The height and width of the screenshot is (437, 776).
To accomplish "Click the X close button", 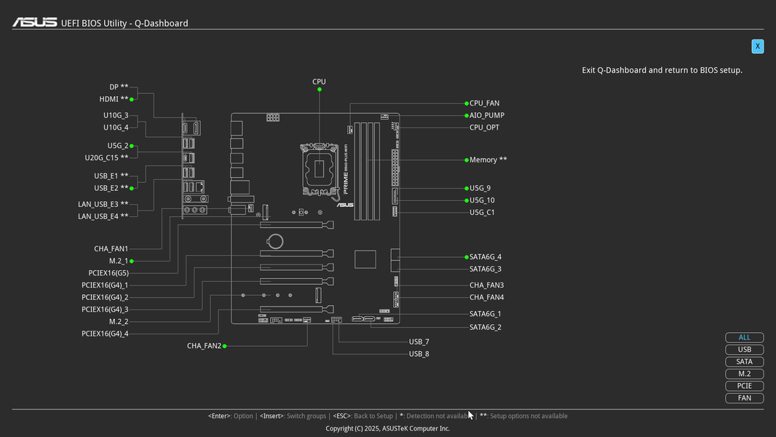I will pos(757,47).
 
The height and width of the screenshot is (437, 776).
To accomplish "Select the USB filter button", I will pos(744,350).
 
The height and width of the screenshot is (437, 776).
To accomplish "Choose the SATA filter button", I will pos(744,362).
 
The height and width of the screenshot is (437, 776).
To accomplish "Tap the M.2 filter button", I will pos(744,374).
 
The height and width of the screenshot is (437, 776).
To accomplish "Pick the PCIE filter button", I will pos(744,386).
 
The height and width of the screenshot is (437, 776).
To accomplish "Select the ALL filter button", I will pos(744,338).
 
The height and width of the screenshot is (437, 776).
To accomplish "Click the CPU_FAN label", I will pos(484,103).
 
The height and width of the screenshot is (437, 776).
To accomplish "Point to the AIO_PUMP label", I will pos(486,115).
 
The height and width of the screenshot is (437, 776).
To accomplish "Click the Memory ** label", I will pos(488,160).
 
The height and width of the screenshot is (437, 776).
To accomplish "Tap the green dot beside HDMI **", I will pos(132,99).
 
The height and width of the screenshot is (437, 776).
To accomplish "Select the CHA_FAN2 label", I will pos(204,346).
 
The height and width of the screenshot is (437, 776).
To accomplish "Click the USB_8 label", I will pos(419,354).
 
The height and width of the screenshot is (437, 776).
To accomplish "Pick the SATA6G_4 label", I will pos(485,257).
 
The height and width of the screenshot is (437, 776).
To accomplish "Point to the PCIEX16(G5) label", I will pos(108,273).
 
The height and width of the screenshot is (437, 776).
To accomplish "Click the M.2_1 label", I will pos(118,261).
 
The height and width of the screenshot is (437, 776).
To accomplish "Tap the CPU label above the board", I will pos(319,82).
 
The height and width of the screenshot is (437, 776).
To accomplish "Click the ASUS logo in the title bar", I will pos(34,23).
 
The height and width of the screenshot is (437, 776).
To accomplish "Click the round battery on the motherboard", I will pos(275,240).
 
